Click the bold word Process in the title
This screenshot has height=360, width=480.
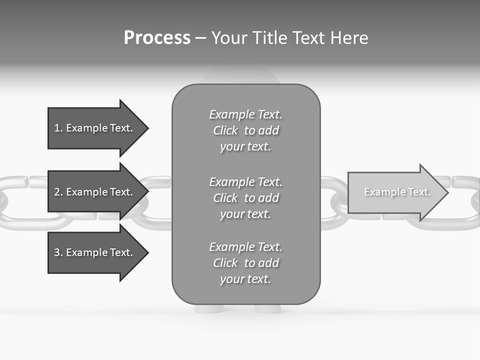[x=157, y=38]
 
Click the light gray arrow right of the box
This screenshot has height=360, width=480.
[x=395, y=192]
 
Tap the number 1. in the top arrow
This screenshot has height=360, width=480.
[x=58, y=128]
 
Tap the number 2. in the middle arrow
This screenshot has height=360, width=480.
[x=58, y=192]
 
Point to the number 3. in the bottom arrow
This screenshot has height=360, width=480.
[x=58, y=252]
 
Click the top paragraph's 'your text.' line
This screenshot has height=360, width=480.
[x=245, y=147]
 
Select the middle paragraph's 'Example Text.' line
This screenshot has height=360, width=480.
[x=245, y=182]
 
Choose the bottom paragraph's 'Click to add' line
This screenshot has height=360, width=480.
[x=245, y=263]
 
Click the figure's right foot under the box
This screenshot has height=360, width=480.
[x=267, y=308]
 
